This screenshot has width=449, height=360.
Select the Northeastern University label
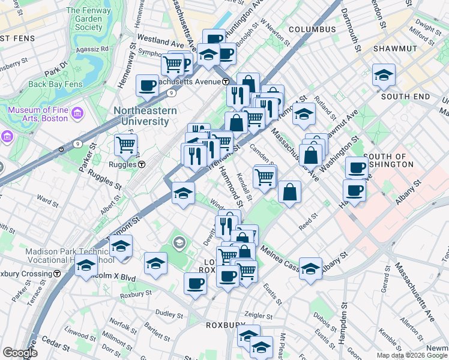click(x=145, y=116)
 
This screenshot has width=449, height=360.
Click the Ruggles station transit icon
click(x=142, y=164)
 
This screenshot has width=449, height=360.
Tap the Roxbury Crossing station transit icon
click(x=57, y=273)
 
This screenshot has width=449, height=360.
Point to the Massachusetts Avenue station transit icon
click(x=225, y=82)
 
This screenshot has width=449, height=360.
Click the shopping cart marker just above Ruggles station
click(x=125, y=144)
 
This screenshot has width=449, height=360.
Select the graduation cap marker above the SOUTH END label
click(x=384, y=75)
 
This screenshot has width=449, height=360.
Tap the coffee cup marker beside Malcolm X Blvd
click(x=195, y=283)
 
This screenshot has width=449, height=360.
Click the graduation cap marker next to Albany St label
click(x=310, y=268)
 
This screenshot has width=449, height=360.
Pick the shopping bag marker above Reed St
click(x=289, y=192)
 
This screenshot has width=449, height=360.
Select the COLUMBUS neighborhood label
click(x=312, y=29)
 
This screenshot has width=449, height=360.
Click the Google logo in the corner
click(x=19, y=353)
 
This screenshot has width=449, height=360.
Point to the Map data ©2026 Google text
click(x=411, y=355)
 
